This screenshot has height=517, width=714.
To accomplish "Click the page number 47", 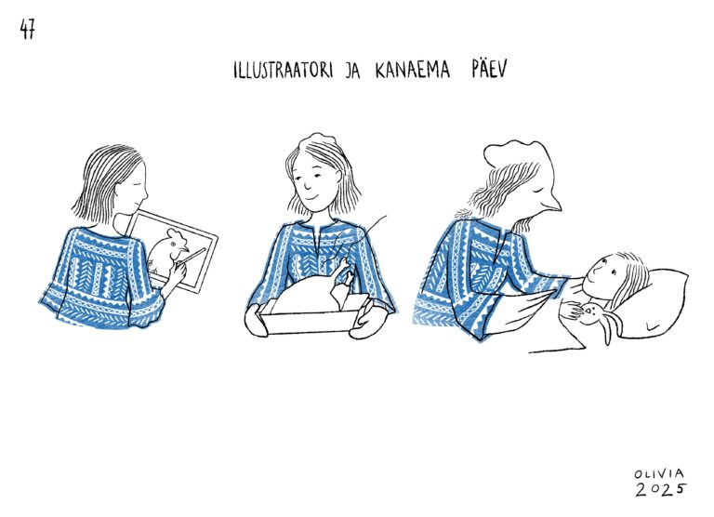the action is click(x=27, y=30).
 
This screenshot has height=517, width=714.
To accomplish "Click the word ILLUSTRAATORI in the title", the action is click(x=284, y=70).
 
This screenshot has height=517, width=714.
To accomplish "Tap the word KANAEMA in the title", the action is click(x=413, y=70).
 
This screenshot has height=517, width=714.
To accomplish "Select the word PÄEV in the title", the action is click(x=489, y=69).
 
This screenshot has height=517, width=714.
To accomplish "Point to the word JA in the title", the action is click(x=352, y=71).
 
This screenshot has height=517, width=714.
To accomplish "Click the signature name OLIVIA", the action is click(x=659, y=473).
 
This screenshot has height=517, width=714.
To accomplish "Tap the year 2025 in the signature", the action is click(x=661, y=489).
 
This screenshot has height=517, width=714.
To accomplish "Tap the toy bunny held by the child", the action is click(x=600, y=320).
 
